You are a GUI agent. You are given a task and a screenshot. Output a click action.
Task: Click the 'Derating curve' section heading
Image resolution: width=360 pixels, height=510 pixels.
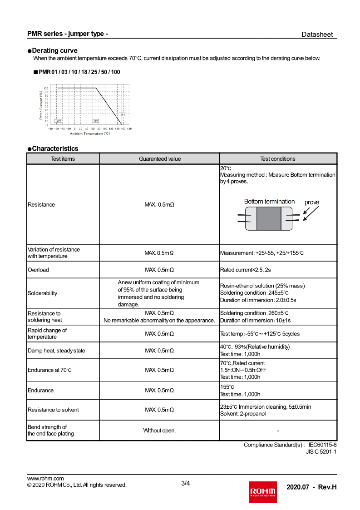(54, 50)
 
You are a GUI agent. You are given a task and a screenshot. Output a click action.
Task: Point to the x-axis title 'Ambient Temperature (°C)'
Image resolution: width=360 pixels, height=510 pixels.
(90, 134)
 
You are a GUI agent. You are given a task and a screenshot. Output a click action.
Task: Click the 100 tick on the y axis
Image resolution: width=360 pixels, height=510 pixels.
(46, 88)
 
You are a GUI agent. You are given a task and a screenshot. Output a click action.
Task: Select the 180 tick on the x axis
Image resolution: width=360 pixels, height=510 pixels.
(129, 129)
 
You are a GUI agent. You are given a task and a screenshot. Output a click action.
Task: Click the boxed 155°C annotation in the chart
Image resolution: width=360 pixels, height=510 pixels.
(123, 115)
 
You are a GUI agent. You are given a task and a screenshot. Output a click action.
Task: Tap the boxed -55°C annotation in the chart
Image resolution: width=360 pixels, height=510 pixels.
(59, 121)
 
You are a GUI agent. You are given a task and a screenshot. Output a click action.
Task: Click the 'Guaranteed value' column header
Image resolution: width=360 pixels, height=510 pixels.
(159, 159)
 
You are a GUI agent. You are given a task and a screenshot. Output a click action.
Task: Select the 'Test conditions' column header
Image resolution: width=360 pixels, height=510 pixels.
(277, 159)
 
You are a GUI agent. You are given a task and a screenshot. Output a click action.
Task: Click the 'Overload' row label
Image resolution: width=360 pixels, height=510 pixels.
(38, 270)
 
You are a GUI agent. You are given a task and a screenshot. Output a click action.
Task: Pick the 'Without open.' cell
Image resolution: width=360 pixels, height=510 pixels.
(159, 431)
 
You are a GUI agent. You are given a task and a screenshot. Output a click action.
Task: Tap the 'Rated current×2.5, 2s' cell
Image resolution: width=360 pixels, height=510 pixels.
(245, 270)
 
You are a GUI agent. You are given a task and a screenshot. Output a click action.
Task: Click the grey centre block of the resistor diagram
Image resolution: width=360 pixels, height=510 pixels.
(269, 218)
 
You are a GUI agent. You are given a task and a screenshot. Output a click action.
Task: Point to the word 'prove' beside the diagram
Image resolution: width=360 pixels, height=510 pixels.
(312, 203)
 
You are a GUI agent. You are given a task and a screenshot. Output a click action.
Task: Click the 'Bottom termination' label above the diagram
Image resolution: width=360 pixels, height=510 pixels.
(269, 202)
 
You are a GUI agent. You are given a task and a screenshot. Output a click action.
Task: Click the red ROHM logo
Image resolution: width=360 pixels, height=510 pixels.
(262, 492)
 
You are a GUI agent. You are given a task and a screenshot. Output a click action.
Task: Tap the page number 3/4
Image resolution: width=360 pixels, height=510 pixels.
(185, 483)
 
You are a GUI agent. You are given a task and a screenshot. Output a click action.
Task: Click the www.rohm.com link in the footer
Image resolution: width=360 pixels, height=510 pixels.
(45, 478)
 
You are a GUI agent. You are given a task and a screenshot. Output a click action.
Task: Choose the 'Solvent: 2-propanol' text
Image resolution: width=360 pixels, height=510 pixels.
(243, 414)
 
